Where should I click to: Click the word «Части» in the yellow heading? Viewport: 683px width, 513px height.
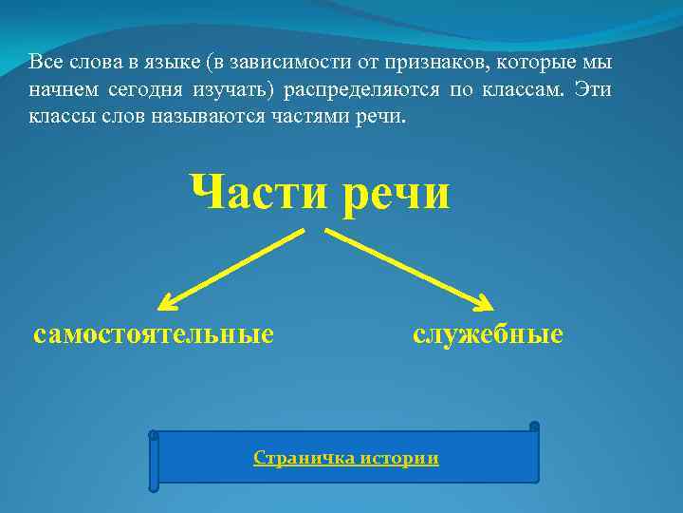point(249,193)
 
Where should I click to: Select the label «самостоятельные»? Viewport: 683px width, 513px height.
point(154,334)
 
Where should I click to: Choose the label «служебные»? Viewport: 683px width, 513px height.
point(488,334)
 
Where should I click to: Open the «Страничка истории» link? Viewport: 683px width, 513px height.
point(346,458)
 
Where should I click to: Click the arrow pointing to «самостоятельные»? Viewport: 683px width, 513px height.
point(232,268)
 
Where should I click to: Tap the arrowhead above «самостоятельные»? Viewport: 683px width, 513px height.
point(167,302)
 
